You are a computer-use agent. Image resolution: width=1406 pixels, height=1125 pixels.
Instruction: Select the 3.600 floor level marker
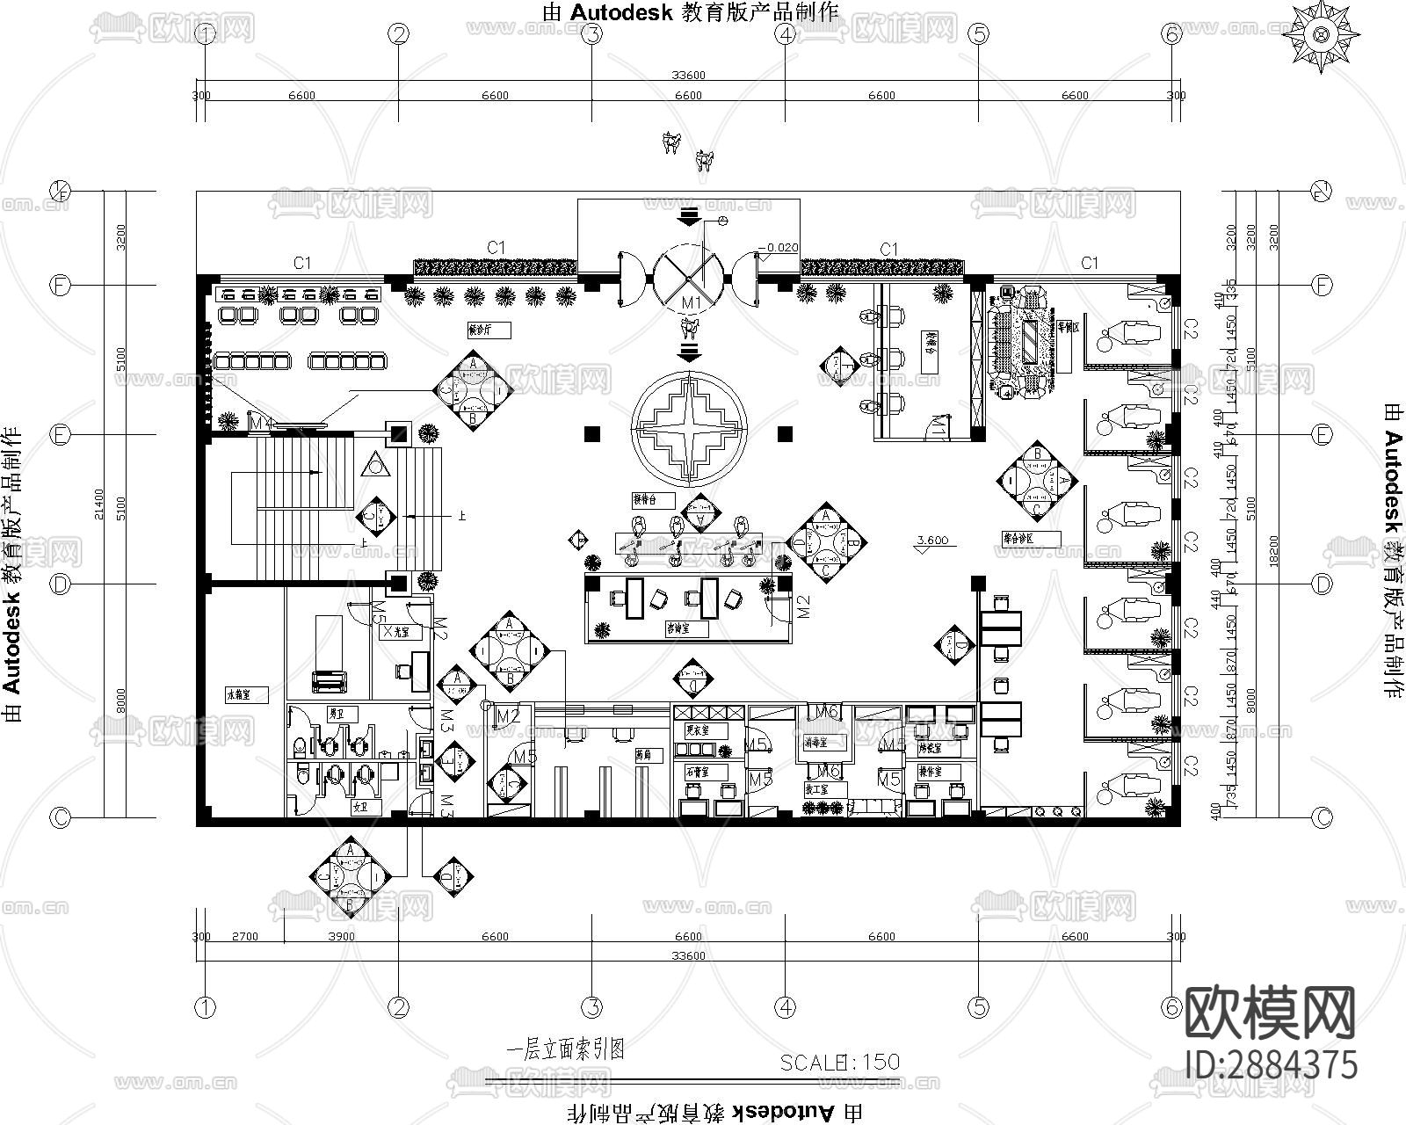click(x=931, y=541)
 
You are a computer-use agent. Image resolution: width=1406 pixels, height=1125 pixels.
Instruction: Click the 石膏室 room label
click(x=699, y=771)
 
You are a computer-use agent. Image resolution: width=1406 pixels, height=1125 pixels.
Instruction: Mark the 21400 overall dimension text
click(x=98, y=504)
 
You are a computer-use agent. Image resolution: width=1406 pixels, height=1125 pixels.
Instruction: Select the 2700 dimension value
click(x=244, y=936)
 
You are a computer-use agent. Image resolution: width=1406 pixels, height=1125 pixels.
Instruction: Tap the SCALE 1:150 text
click(x=839, y=1062)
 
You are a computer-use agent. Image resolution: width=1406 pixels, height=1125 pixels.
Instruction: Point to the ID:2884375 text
click(x=1272, y=1064)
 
